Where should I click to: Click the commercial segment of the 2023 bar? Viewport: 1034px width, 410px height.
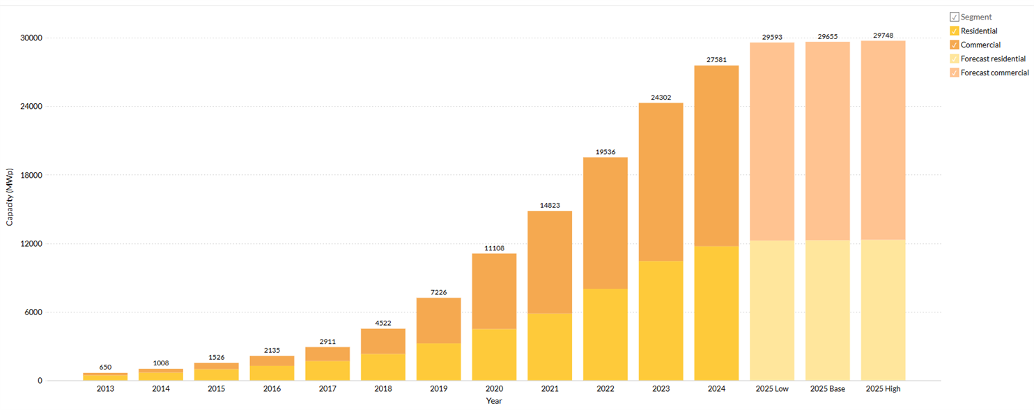click(661, 181)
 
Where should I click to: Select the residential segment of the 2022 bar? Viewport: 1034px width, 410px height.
click(605, 334)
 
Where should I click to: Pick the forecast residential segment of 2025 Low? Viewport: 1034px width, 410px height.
click(771, 310)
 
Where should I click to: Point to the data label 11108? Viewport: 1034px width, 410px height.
click(494, 248)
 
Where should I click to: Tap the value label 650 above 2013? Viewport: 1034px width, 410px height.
click(105, 367)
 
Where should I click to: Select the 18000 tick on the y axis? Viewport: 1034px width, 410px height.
click(30, 175)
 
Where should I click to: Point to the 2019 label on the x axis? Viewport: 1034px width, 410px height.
click(438, 389)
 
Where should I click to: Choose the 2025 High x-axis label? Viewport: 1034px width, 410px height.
click(883, 389)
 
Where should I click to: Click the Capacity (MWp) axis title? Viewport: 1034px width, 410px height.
click(10, 196)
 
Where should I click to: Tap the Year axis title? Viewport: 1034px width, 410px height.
click(494, 401)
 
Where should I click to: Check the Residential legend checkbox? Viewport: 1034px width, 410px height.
click(955, 31)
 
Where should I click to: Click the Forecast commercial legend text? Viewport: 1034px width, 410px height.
click(994, 73)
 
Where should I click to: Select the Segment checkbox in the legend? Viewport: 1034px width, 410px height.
click(955, 17)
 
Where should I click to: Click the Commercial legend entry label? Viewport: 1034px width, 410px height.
click(980, 45)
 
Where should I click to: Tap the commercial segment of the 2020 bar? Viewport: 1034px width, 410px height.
click(494, 291)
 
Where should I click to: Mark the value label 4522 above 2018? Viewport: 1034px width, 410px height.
click(383, 323)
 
